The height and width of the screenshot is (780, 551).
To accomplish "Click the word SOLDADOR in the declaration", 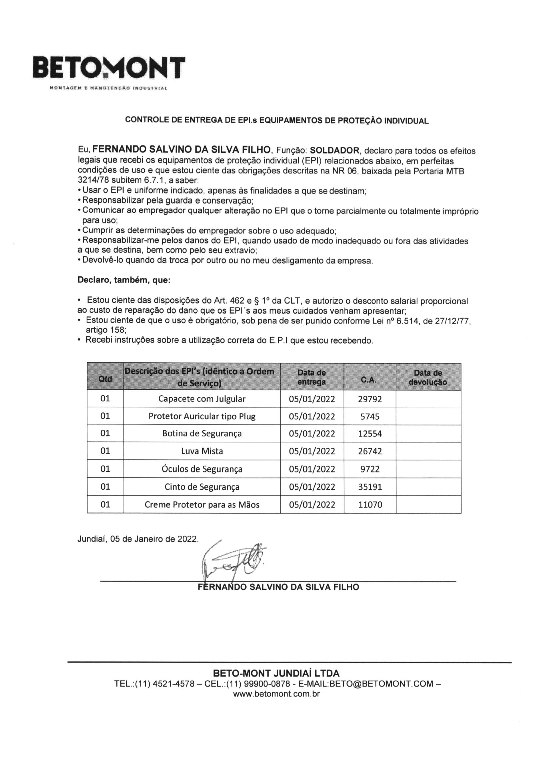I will click(335, 150).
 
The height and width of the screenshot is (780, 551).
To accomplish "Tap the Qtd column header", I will click(105, 379).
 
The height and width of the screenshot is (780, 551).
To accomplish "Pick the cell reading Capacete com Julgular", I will click(202, 399).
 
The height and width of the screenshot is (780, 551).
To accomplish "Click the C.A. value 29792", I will click(370, 399).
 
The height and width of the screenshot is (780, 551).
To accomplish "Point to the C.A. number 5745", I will click(370, 416).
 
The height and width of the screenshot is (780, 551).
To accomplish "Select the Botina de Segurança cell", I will click(202, 433).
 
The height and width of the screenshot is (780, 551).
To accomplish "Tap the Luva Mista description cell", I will click(202, 451).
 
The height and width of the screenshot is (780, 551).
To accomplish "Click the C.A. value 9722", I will click(370, 469).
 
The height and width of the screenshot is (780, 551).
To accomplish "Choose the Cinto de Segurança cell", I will click(202, 487).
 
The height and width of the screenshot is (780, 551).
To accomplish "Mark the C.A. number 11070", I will click(370, 504).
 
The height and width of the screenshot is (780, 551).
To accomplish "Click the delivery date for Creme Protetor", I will click(312, 504).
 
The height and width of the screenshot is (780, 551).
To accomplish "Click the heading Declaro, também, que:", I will click(124, 280).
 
